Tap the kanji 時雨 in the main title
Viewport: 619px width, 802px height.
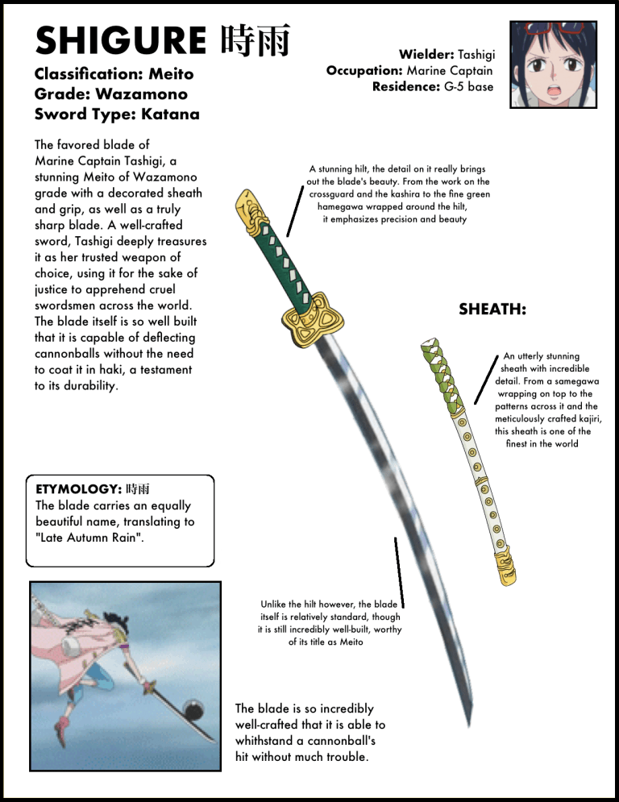click(255, 41)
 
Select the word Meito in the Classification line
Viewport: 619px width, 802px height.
click(171, 74)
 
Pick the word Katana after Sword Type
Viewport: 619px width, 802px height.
click(170, 114)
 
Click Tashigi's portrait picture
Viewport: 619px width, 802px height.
click(553, 65)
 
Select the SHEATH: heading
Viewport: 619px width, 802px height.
click(492, 309)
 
